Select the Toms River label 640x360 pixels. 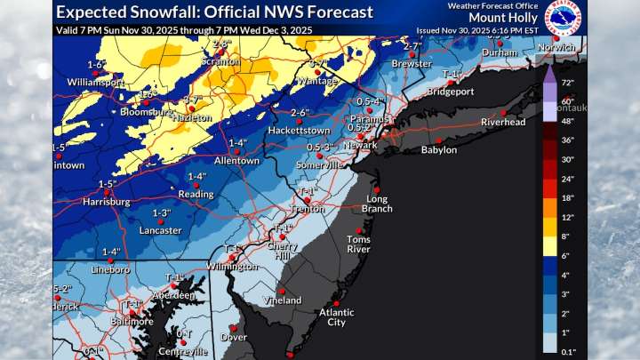[358, 245]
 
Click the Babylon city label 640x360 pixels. [438, 150]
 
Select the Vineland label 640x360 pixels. [284, 301]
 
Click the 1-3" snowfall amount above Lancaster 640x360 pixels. [161, 212]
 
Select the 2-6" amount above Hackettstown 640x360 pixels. [299, 113]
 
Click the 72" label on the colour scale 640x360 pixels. [570, 83]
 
